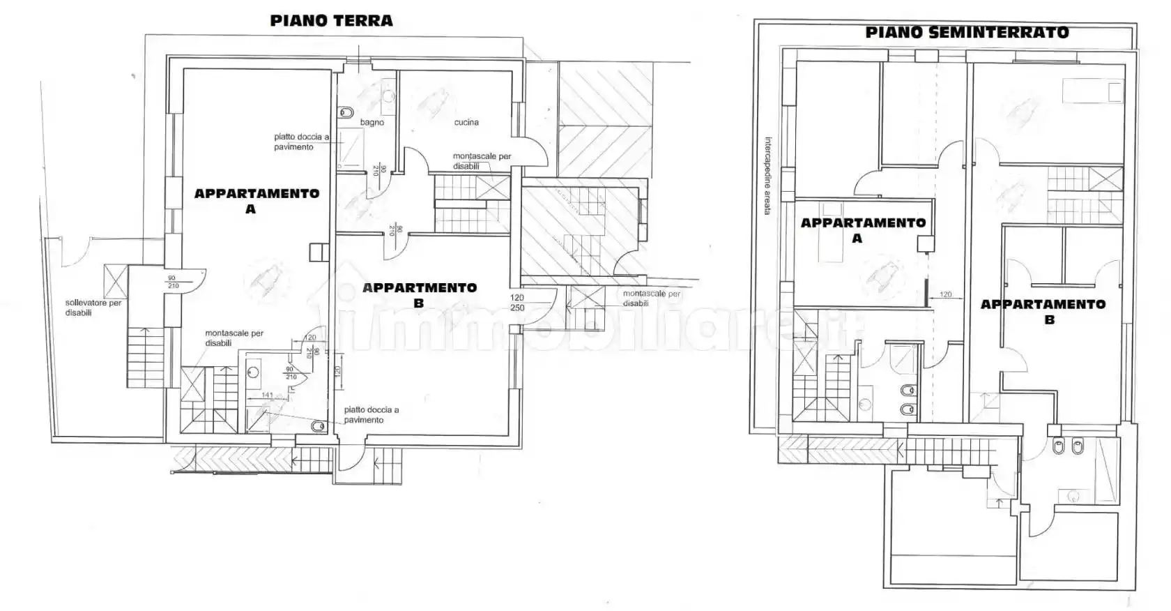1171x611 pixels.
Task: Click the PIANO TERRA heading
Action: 331,21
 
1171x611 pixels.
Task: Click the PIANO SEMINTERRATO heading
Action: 967,33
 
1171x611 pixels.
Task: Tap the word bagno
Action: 372,123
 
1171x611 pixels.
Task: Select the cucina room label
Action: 466,123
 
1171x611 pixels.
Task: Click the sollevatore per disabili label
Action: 93,308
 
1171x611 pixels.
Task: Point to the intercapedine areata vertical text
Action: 767,175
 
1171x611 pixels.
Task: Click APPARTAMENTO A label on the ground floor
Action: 256,201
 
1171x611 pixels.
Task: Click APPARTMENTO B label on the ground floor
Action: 420,295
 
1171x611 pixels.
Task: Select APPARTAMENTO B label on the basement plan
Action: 1043,312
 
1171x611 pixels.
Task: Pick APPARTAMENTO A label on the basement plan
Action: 863,230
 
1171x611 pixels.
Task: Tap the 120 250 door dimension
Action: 517,303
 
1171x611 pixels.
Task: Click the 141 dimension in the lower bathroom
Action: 267,395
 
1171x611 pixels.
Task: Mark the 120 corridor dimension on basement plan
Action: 945,294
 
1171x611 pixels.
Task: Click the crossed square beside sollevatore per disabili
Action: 114,281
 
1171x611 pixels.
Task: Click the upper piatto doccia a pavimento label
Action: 300,142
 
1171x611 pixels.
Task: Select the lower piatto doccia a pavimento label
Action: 371,415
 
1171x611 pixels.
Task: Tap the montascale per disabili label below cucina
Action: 482,161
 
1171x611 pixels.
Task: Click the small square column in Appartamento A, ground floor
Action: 319,252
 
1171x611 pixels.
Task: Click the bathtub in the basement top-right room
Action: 1092,91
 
